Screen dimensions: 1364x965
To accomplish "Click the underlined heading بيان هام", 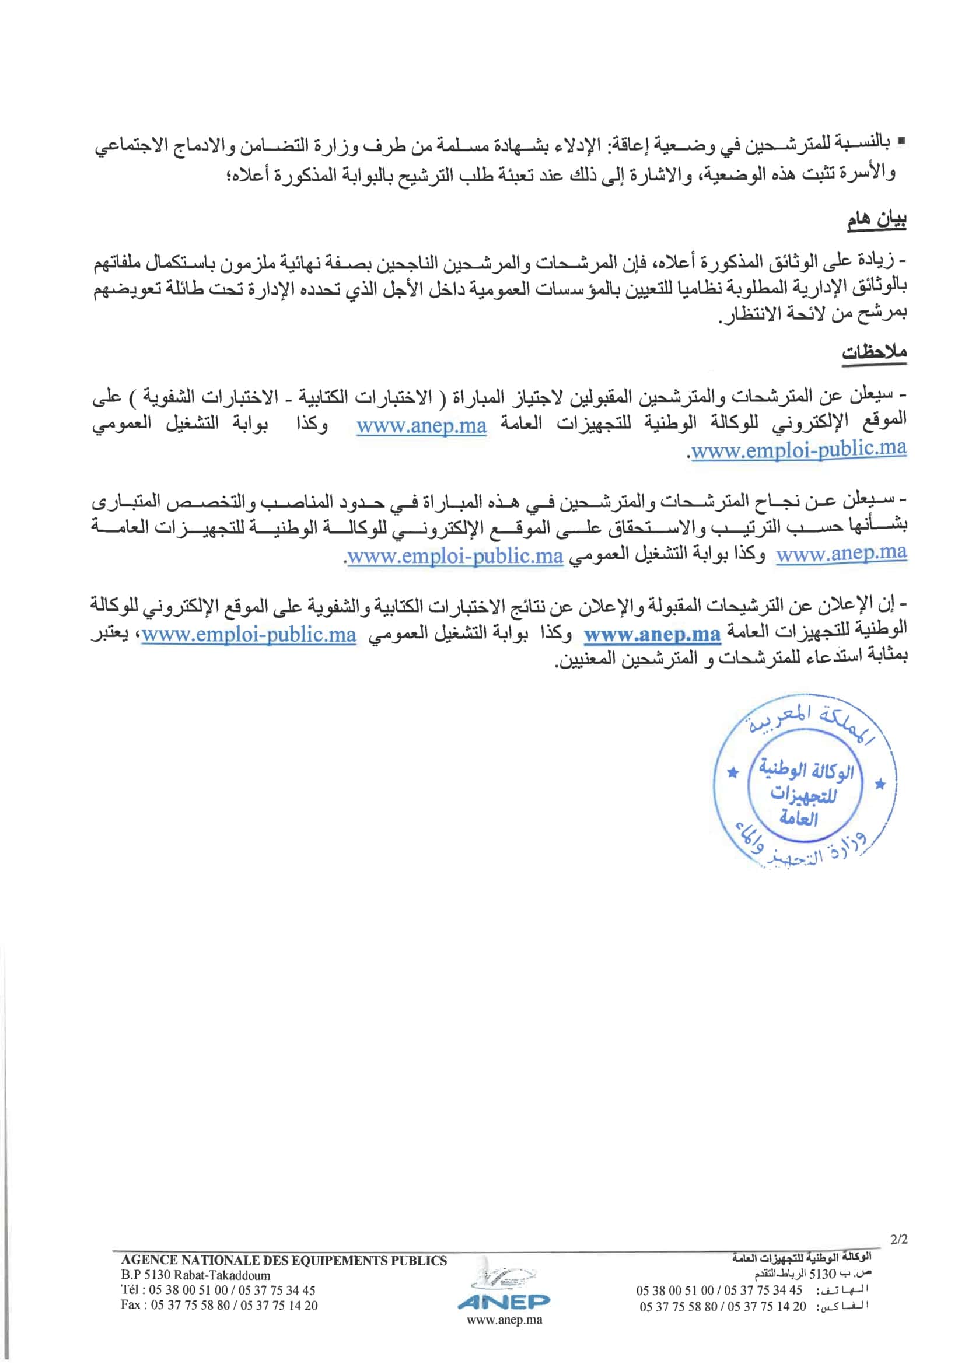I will tap(876, 221).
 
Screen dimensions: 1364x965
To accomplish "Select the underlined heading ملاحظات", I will tap(873, 352).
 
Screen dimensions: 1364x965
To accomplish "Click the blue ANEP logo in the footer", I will tap(504, 1301).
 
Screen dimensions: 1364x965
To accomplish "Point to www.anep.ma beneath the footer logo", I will tap(504, 1320).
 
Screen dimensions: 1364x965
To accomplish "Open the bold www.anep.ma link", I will tap(652, 635).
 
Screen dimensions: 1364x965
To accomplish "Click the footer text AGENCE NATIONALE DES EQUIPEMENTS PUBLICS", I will tap(284, 1260).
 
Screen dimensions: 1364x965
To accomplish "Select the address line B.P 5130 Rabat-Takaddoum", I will tap(195, 1275).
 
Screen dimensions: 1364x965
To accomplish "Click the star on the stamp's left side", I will tap(733, 773).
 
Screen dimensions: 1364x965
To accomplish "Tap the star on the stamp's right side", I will tap(880, 785).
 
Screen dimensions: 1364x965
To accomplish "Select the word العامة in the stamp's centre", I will tap(799, 819).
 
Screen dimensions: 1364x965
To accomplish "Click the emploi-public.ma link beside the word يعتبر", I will tap(249, 635).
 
